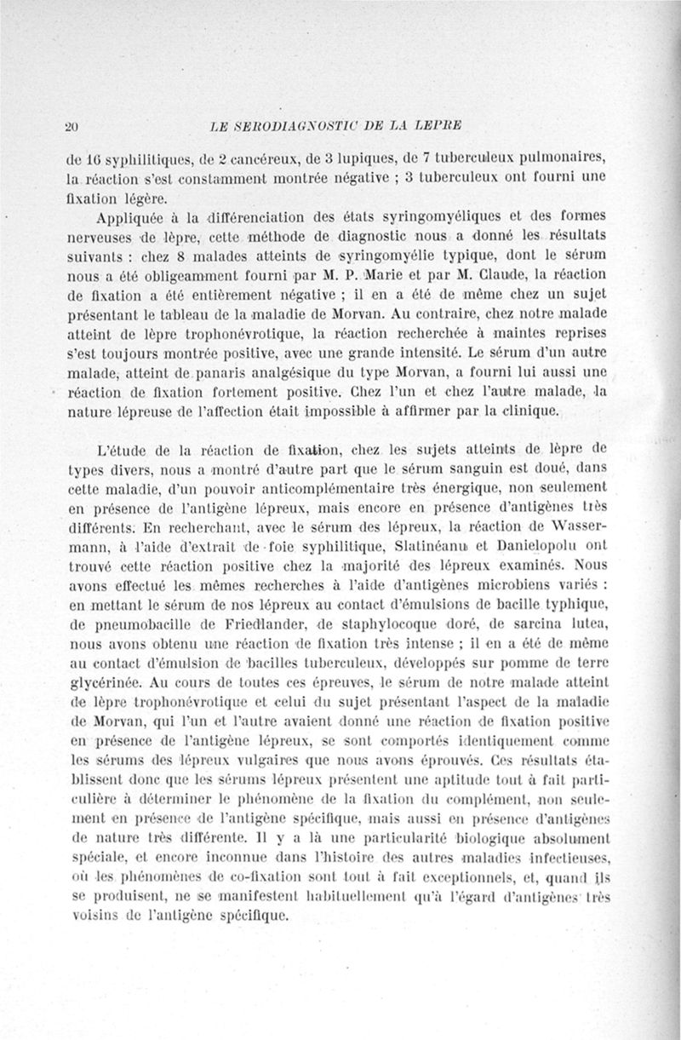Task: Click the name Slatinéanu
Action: click(413, 550)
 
